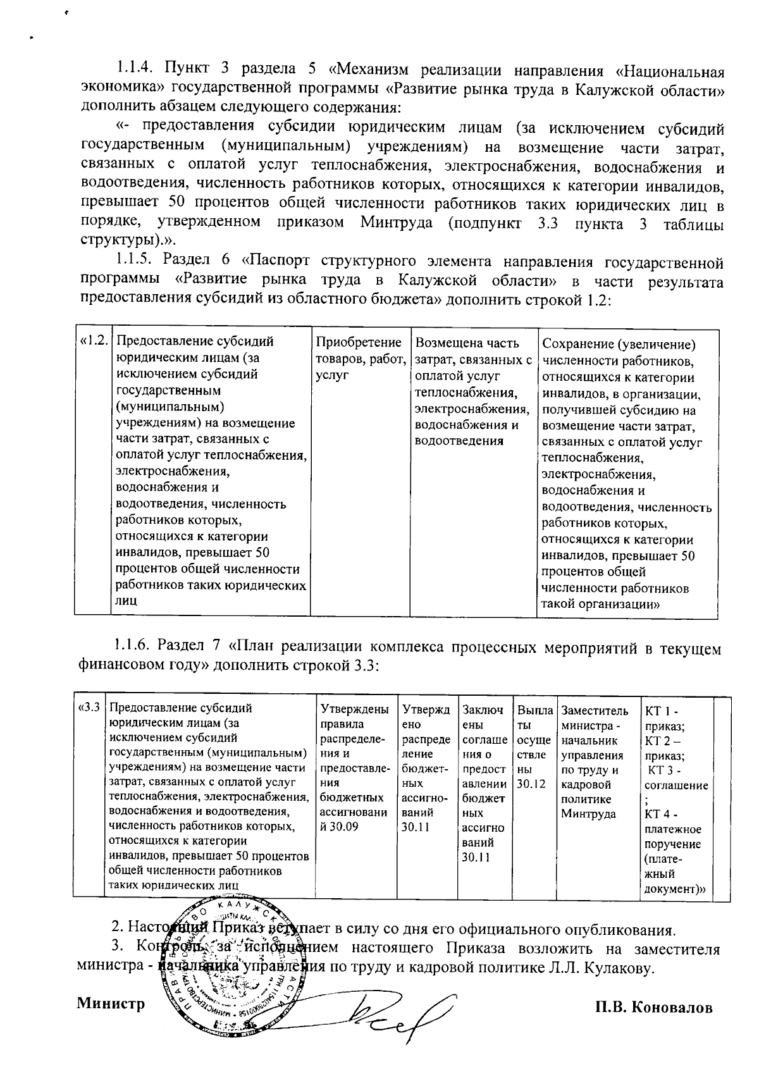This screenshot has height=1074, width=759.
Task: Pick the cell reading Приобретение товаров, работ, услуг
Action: pyautogui.click(x=360, y=359)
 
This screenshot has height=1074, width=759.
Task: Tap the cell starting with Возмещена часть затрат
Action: pyautogui.click(x=473, y=392)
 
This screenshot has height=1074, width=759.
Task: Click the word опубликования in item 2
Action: pyautogui.click(x=611, y=930)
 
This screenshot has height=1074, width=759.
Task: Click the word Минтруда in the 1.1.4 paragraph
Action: pyautogui.click(x=397, y=223)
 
